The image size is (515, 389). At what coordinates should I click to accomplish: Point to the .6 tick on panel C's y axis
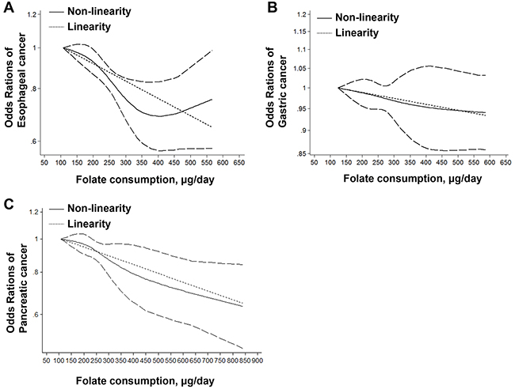point(34,315)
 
